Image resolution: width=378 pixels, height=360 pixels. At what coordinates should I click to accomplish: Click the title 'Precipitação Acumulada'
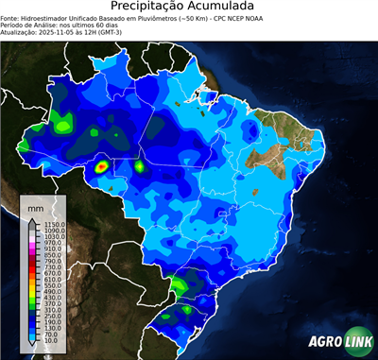point(189,8)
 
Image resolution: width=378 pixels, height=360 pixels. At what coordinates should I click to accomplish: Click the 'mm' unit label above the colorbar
point(35,206)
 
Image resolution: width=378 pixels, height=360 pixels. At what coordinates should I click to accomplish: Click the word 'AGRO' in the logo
point(324,342)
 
